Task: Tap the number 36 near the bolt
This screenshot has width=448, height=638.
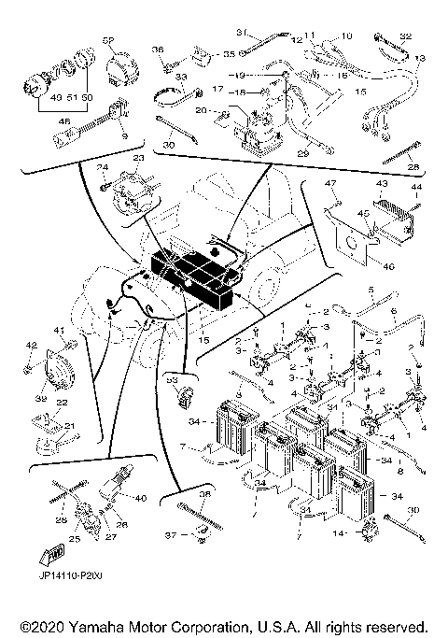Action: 158,50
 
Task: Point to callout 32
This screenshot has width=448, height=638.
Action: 404,36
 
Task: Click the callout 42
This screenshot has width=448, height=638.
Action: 31,347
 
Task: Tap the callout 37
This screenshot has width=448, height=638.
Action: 170,535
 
